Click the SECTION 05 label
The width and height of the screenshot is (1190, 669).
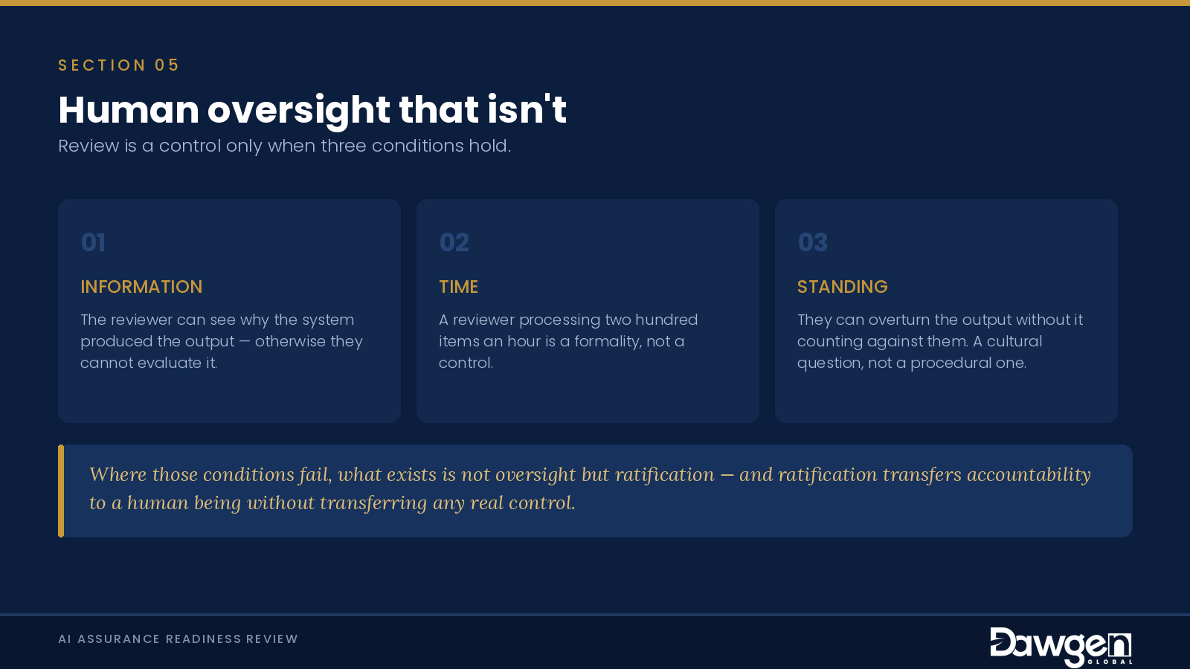tap(118, 65)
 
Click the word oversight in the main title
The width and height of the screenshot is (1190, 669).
tap(298, 111)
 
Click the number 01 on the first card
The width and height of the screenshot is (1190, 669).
tap(93, 242)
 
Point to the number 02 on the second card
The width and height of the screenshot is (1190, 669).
tap(454, 242)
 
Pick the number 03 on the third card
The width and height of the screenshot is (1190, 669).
tap(813, 242)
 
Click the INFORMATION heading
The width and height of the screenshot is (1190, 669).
tap(141, 287)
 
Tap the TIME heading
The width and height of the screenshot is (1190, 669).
tap(458, 287)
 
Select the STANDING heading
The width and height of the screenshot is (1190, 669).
tap(842, 287)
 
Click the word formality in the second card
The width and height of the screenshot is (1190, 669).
tap(607, 341)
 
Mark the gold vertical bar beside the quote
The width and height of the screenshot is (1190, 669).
tap(61, 491)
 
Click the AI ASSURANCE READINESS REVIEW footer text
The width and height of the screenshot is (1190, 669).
tap(178, 639)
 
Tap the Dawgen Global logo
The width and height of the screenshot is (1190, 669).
tap(1061, 647)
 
